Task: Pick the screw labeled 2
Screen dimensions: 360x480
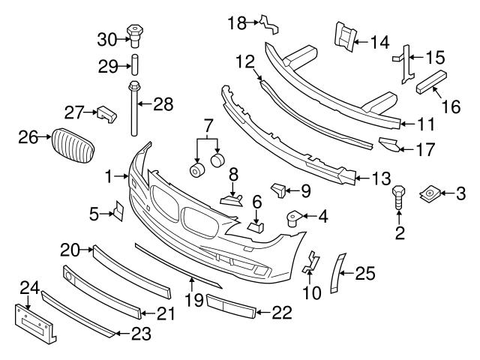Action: pyautogui.click(x=399, y=197)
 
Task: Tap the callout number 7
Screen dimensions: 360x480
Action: pyautogui.click(x=208, y=124)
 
